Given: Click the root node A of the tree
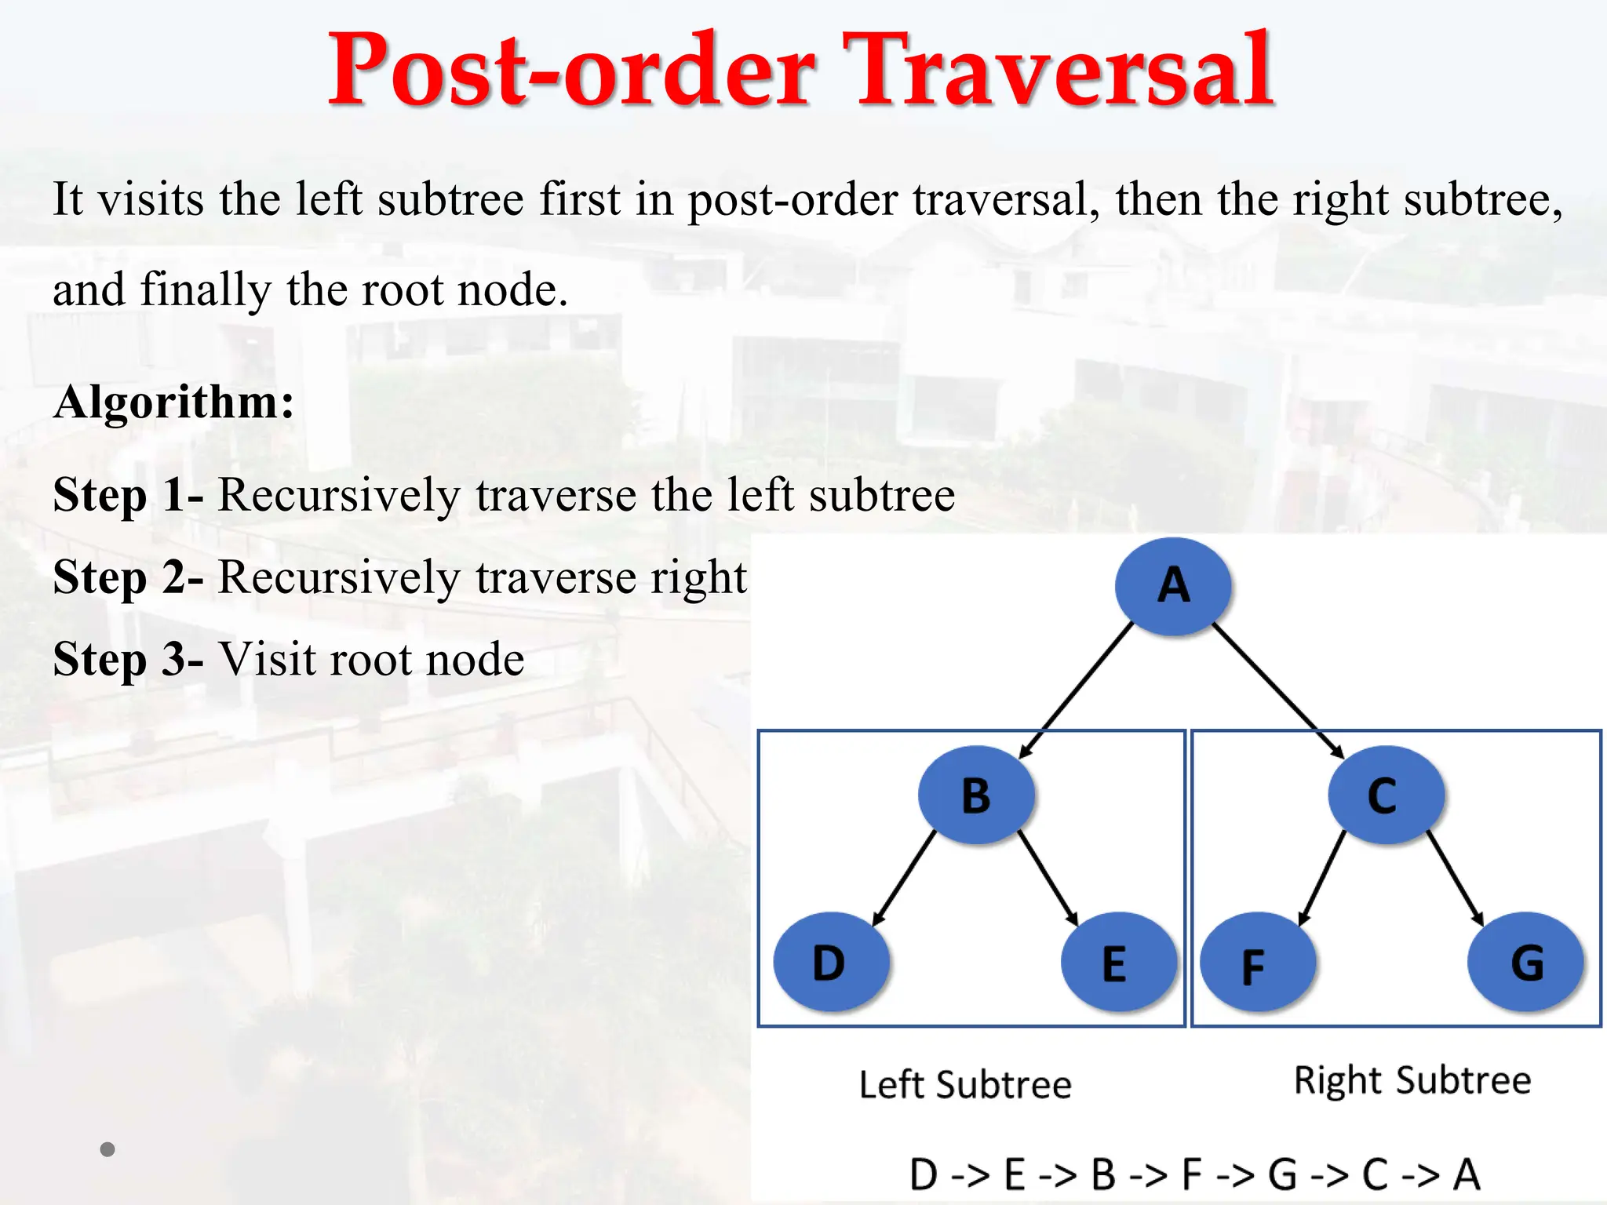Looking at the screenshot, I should click(x=1172, y=585).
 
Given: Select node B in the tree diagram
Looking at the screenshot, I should click(x=976, y=795).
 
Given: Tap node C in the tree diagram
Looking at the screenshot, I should click(x=1385, y=795).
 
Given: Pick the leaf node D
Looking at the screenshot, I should click(x=830, y=962).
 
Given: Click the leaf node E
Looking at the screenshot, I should click(x=1117, y=962).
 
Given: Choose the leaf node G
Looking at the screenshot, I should click(x=1525, y=962).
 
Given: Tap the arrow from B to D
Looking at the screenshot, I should click(x=904, y=879).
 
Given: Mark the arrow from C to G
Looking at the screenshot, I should click(x=1455, y=879).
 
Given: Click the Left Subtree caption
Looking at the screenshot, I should click(x=965, y=1085).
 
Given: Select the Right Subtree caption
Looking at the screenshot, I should click(x=1412, y=1080).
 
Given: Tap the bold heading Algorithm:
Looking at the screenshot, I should click(x=173, y=402).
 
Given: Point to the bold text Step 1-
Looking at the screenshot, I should click(x=128, y=495).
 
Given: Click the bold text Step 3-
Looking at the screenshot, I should click(x=128, y=659).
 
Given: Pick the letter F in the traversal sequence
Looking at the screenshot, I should click(x=1192, y=1174).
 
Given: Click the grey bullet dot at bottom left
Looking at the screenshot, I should click(x=107, y=1149).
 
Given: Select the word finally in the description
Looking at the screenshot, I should click(x=205, y=289).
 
